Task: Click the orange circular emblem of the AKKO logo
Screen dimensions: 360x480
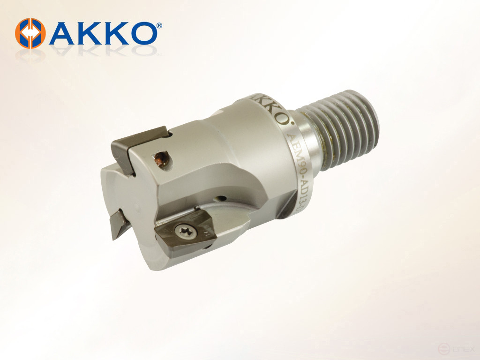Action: pyautogui.click(x=30, y=33)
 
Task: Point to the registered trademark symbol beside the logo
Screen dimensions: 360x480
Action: pyautogui.click(x=159, y=24)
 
